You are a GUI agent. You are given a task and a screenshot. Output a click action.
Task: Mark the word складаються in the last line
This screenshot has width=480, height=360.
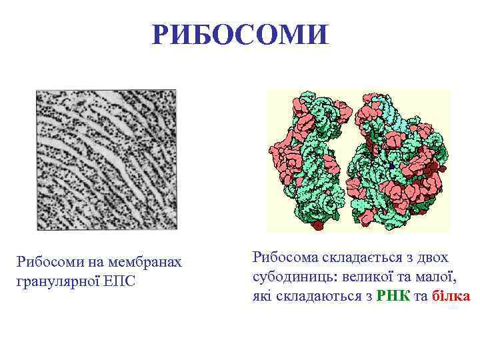pyautogui.click(x=323, y=295)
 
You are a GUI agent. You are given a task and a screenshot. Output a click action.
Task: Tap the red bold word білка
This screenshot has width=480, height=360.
pyautogui.click(x=451, y=295)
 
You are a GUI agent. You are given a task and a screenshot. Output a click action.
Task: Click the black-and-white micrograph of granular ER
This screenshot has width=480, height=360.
pyautogui.click(x=107, y=160)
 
